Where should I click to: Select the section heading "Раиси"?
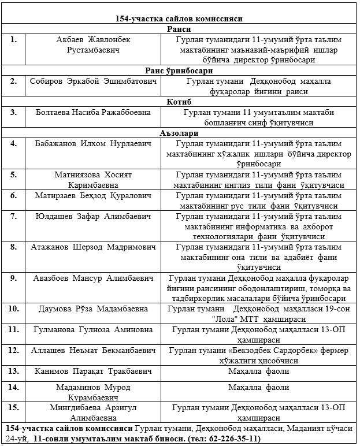[x=179, y=29]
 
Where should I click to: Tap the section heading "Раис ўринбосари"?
[x=179, y=70]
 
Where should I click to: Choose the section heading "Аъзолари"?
[x=179, y=133]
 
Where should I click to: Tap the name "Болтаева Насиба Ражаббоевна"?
[x=94, y=112]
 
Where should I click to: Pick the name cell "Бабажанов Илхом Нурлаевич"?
[x=94, y=143]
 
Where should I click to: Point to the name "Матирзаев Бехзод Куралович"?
[x=94, y=195]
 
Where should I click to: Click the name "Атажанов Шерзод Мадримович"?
[x=94, y=247]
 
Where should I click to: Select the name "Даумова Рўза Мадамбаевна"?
[x=94, y=309]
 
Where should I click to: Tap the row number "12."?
[x=13, y=350]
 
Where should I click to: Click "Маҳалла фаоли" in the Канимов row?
[x=258, y=371]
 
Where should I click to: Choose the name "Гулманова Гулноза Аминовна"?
[x=94, y=329]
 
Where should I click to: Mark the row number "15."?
[x=13, y=408]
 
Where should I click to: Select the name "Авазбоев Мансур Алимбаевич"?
[x=94, y=278]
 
